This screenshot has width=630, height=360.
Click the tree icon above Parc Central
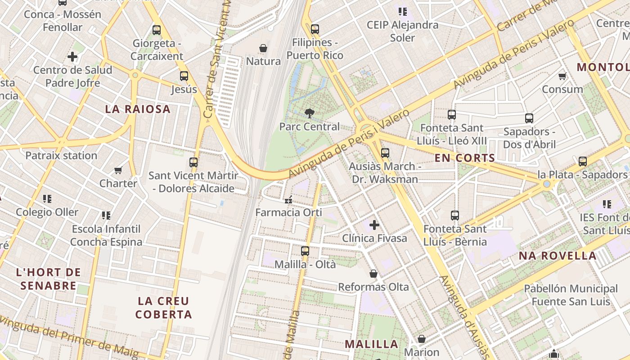point(310,113)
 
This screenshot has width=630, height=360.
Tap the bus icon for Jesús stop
point(184,76)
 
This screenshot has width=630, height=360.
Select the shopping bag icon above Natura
point(263,48)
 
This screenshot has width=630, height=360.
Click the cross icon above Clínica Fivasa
point(374,225)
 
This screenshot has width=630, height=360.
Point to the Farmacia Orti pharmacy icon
point(288,199)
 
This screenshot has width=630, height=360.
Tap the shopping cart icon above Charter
point(118,170)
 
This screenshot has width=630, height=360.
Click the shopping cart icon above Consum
point(562,76)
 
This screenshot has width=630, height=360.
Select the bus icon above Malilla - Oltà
point(305,251)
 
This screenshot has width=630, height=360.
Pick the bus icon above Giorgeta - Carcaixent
point(157,30)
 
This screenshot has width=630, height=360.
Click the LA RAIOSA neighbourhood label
point(138,109)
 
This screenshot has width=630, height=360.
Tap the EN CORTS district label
point(465,158)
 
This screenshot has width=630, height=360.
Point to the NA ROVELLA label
point(558,256)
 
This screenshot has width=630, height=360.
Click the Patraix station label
point(61,156)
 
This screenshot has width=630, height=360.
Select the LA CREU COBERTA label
point(164,308)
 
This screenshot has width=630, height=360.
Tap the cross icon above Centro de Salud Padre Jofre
point(72,57)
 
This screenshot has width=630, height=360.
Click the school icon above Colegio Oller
point(47,198)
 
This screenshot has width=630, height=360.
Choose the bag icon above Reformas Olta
point(373,273)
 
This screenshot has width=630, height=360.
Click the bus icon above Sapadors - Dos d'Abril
point(529,118)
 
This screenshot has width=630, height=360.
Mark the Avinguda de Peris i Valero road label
point(349,143)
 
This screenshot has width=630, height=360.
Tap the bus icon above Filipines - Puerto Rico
point(315,29)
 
